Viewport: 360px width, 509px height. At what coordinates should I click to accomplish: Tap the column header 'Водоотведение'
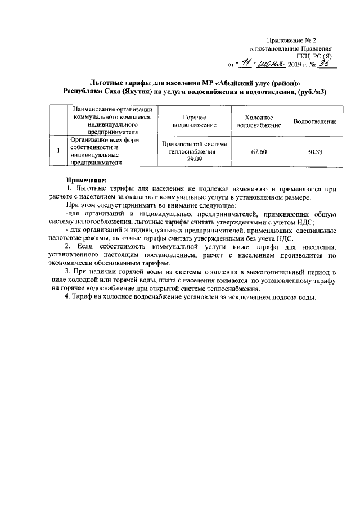coord(314,121)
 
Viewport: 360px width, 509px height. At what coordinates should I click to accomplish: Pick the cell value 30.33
coord(314,151)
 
